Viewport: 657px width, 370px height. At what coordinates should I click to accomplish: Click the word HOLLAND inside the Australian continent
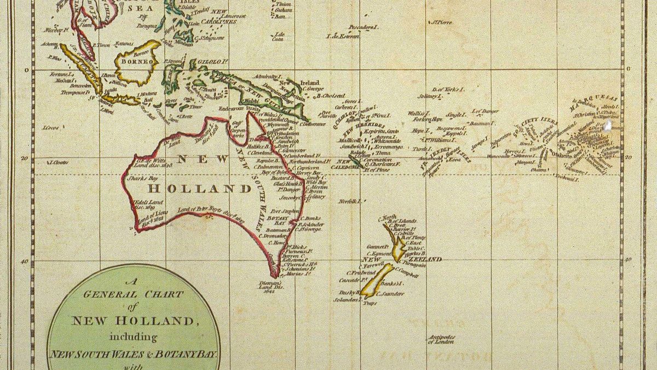click(200, 189)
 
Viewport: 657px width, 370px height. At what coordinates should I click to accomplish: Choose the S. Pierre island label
click(442, 22)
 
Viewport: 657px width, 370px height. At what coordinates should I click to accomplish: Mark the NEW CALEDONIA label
click(348, 163)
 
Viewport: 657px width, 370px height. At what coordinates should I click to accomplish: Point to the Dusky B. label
click(349, 293)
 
